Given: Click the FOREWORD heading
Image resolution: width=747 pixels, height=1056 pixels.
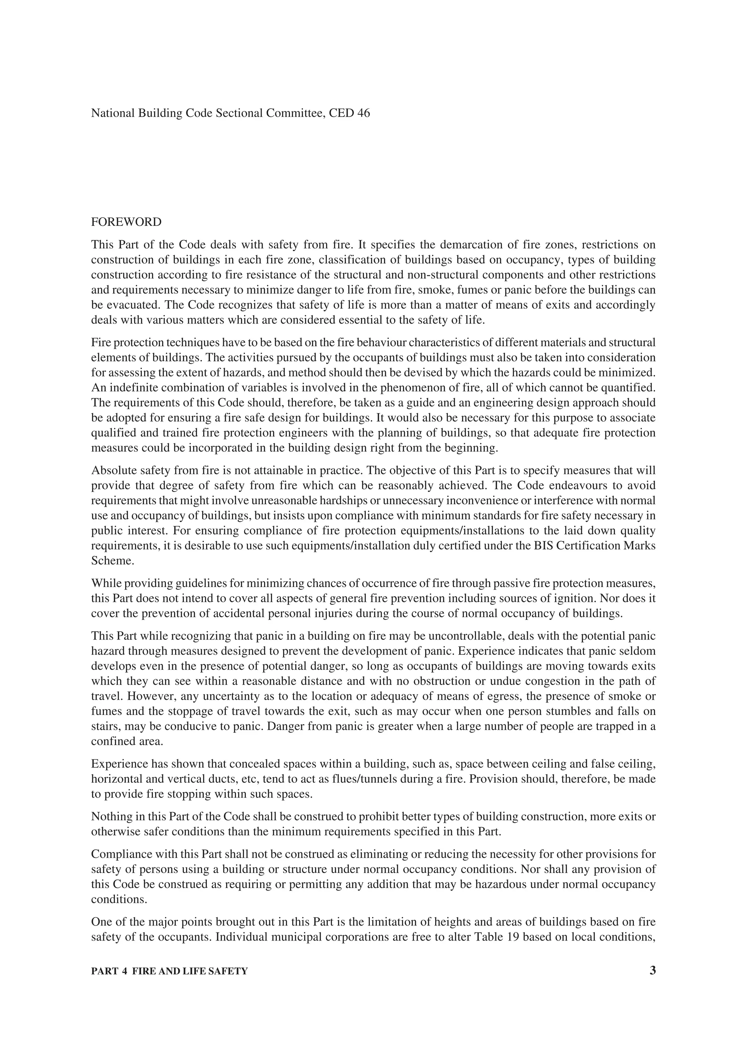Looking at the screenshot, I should pos(126,222).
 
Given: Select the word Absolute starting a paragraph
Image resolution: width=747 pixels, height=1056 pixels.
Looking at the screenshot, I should pos(112,470).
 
